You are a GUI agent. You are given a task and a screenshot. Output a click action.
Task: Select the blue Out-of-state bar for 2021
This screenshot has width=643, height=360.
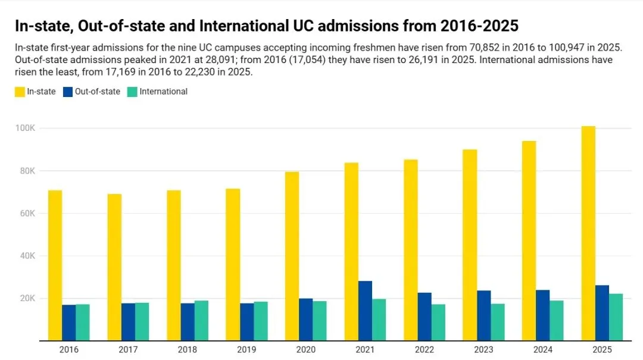(365, 311)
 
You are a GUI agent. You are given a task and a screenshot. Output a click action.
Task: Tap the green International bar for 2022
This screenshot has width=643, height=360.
(438, 323)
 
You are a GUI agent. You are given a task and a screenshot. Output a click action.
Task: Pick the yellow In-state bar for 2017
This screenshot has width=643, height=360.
(114, 267)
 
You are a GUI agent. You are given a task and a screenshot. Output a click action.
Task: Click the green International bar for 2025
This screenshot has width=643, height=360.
(616, 317)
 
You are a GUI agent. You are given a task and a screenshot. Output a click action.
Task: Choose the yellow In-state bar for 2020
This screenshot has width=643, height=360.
(292, 256)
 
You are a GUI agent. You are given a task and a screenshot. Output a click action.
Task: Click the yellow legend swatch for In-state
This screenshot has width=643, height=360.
(20, 92)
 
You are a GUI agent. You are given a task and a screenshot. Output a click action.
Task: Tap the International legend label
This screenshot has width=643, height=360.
(164, 92)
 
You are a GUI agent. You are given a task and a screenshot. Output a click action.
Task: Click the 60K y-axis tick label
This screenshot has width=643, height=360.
(27, 214)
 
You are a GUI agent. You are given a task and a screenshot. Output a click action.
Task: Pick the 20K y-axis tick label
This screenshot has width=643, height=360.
(27, 299)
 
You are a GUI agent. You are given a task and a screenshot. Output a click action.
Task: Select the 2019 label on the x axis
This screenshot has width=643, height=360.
(246, 350)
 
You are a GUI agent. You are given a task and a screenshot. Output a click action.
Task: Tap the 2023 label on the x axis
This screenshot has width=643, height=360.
(483, 350)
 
